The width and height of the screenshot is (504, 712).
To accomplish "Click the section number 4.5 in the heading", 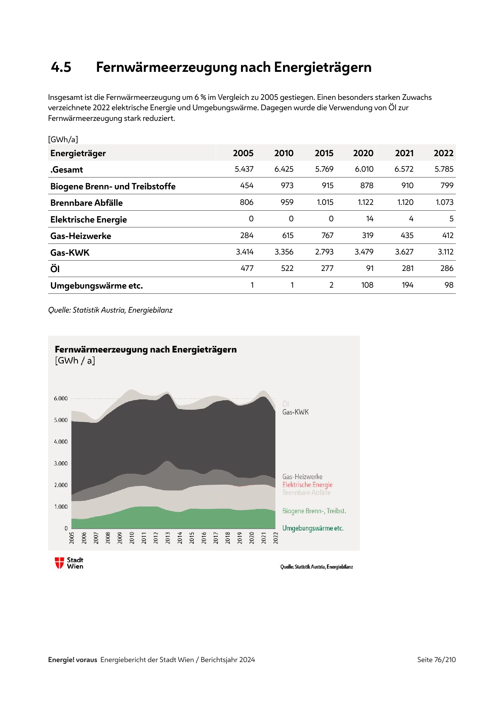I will click(x=61, y=67).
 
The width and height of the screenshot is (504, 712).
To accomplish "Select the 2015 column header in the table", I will click(x=324, y=153).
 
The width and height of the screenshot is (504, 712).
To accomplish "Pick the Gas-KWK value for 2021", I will click(x=404, y=252).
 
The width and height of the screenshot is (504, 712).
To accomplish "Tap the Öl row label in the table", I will click(x=55, y=269).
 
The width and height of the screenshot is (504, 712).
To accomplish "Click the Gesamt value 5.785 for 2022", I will click(x=444, y=169).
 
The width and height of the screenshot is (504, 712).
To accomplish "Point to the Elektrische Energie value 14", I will click(x=369, y=219).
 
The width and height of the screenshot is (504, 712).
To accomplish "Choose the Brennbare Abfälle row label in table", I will click(x=86, y=203).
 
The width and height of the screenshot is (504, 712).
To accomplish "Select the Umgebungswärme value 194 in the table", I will click(x=407, y=285).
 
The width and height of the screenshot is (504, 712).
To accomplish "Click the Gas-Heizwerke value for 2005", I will click(x=247, y=235).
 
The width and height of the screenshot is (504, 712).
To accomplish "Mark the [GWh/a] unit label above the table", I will click(x=63, y=139).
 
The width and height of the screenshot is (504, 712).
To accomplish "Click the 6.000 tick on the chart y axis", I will click(x=61, y=398).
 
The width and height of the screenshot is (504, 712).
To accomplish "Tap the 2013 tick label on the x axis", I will click(x=168, y=537).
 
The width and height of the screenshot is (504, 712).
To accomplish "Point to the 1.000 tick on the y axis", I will click(x=61, y=507).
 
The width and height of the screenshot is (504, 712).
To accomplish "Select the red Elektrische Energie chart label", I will click(x=307, y=485).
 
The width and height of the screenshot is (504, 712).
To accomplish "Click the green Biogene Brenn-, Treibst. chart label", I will click(x=314, y=511).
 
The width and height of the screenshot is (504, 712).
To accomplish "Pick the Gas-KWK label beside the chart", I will click(x=296, y=412).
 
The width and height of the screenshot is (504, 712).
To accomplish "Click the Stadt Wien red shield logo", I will click(x=59, y=563).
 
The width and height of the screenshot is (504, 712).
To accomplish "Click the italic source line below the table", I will click(x=110, y=310).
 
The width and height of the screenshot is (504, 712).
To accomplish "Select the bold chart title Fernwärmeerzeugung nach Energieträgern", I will click(x=146, y=349).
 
